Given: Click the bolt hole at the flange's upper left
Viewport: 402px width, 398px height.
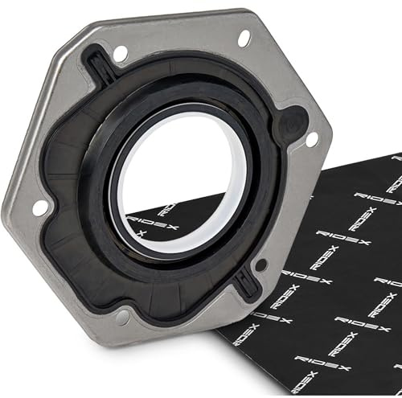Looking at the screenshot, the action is click(120, 53).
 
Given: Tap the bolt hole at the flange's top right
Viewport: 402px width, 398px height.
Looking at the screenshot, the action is click(244, 39).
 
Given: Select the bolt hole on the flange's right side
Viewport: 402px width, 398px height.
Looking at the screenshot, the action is click(312, 139).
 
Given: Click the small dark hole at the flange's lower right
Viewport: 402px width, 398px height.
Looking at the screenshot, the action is click(261, 265).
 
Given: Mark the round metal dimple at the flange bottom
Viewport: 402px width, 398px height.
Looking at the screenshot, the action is click(123, 318).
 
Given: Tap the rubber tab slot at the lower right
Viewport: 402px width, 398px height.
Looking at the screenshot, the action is click(247, 284).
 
